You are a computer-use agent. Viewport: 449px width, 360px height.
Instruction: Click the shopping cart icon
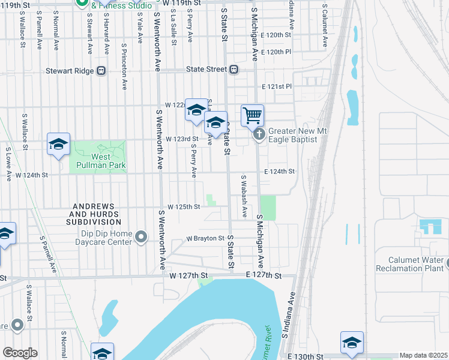click(x=253, y=115)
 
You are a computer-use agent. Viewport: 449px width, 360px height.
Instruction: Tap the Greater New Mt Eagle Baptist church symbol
click(x=259, y=134)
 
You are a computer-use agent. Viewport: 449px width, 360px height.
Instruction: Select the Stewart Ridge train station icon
click(x=101, y=70)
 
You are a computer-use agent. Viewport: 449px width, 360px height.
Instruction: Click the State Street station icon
click(x=233, y=70)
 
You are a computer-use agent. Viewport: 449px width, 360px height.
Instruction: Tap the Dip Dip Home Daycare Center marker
click(x=141, y=238)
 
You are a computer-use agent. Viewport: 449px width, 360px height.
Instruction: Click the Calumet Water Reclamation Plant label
click(x=411, y=265)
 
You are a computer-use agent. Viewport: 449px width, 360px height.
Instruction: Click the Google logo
click(x=20, y=353)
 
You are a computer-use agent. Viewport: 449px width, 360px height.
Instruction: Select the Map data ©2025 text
click(x=423, y=355)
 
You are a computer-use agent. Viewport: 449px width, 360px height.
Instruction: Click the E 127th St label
click(x=264, y=275)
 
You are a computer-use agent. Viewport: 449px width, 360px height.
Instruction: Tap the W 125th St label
click(x=183, y=206)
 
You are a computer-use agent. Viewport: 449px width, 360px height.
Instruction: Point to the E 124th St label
click(x=279, y=172)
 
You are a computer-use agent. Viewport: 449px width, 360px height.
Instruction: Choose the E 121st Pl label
click(x=277, y=86)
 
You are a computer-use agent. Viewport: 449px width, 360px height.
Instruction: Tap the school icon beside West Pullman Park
click(x=59, y=145)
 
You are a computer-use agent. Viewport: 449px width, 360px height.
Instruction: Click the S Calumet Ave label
click(x=324, y=28)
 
